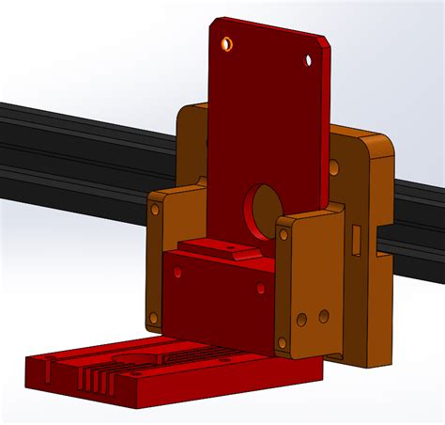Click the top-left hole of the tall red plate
pos(226,43)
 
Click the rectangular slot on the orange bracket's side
pos(356,239)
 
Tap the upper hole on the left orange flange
pos(155,210)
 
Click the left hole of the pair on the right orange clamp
pos(301,320)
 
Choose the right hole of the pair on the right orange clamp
pos(324,316)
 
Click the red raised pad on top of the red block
pos(218,250)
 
